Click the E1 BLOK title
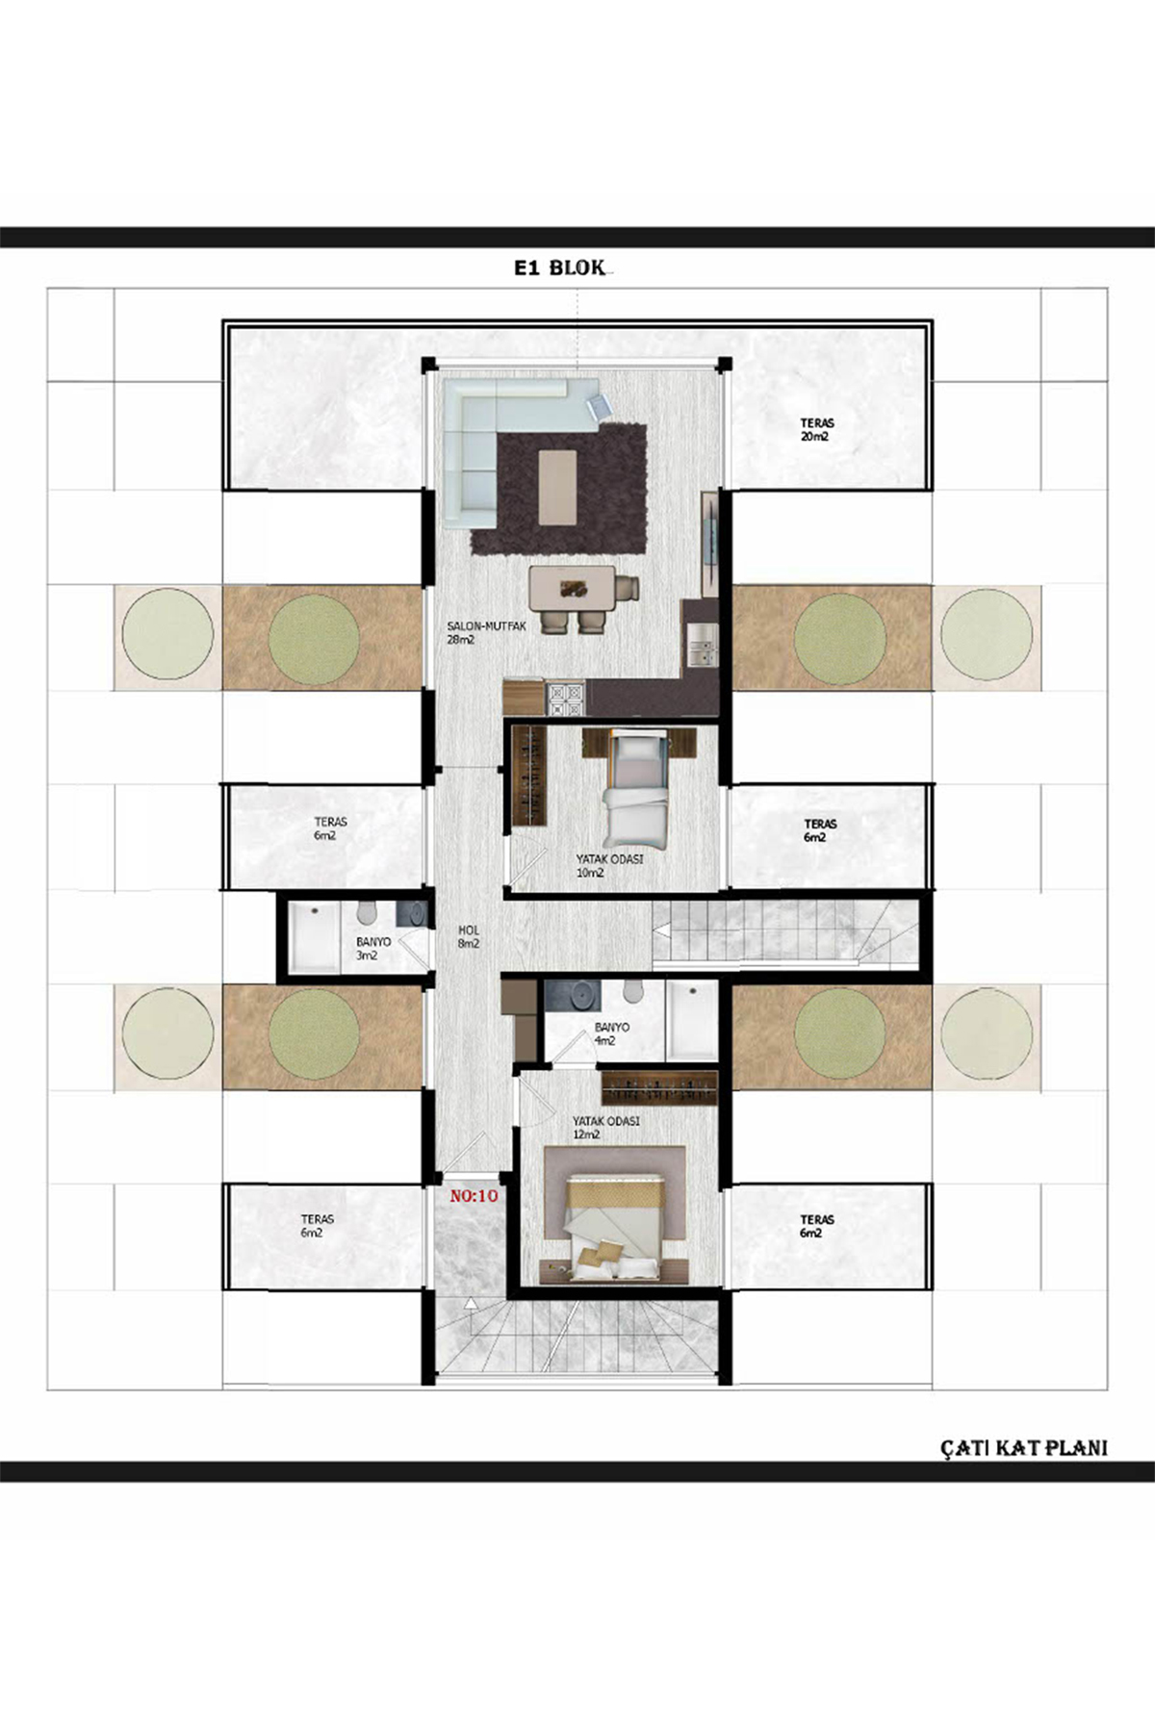coord(559,268)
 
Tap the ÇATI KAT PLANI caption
coord(1024,1447)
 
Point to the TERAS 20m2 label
coord(816,429)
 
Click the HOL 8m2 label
coord(469,937)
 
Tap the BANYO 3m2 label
coord(373,949)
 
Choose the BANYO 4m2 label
coord(611,1033)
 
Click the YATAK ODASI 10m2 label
coord(609,866)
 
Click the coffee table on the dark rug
coord(557,488)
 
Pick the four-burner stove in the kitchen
coord(566,699)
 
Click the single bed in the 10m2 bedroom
coord(635,786)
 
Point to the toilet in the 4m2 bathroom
coord(633,993)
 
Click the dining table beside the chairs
coord(573,586)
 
